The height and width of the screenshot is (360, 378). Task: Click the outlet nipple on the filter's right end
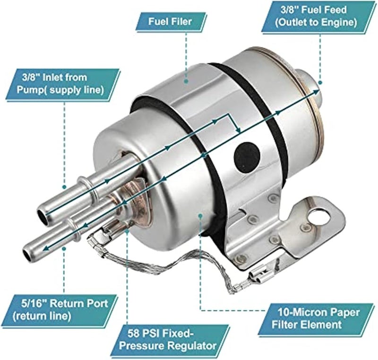coord(309,86)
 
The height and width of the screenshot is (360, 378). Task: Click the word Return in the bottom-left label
coord(65,301)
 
